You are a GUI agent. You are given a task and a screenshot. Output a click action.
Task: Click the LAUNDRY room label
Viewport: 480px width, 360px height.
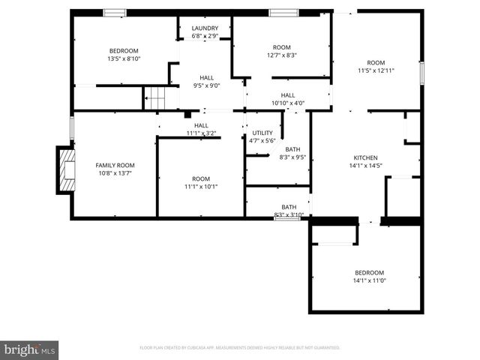(x=205, y=28)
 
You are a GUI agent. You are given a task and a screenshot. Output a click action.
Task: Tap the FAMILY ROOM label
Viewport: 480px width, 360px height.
(x=115, y=165)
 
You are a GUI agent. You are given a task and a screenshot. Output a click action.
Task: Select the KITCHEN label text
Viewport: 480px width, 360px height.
(x=366, y=157)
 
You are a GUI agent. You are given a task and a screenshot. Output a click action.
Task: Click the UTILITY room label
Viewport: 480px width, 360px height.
(x=262, y=133)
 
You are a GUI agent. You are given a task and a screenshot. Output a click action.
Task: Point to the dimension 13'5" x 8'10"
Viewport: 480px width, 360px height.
(x=124, y=58)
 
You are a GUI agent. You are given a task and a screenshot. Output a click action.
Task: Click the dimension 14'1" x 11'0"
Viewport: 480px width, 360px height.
(x=369, y=280)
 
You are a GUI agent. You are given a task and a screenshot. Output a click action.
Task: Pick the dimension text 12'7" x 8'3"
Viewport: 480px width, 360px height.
(x=281, y=55)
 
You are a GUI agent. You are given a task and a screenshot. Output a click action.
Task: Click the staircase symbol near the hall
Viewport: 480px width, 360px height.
(x=154, y=97)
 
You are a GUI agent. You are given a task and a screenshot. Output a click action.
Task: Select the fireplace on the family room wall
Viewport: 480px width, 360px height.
(x=66, y=169)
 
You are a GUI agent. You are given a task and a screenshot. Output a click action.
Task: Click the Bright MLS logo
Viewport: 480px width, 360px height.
(x=30, y=349)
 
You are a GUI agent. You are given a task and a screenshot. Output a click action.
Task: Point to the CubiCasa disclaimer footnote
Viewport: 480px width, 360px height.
(x=240, y=348)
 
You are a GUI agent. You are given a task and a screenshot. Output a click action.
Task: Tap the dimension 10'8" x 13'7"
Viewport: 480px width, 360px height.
(x=115, y=173)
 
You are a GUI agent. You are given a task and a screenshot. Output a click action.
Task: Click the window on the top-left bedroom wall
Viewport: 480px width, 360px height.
(x=115, y=12)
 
